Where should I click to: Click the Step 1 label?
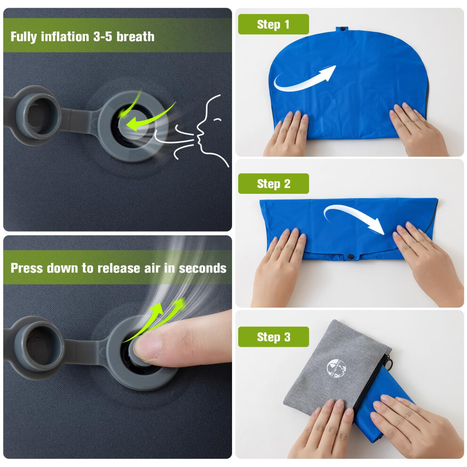(x=273, y=24)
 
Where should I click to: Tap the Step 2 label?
(x=273, y=183)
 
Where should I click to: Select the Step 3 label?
(x=273, y=337)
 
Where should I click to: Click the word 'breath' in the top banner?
(x=135, y=37)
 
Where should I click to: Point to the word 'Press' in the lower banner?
(x=27, y=268)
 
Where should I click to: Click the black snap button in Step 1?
(x=342, y=29)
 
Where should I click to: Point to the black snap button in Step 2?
(x=351, y=256)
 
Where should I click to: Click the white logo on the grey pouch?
(x=336, y=369)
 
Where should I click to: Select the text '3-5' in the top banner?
(x=103, y=37)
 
